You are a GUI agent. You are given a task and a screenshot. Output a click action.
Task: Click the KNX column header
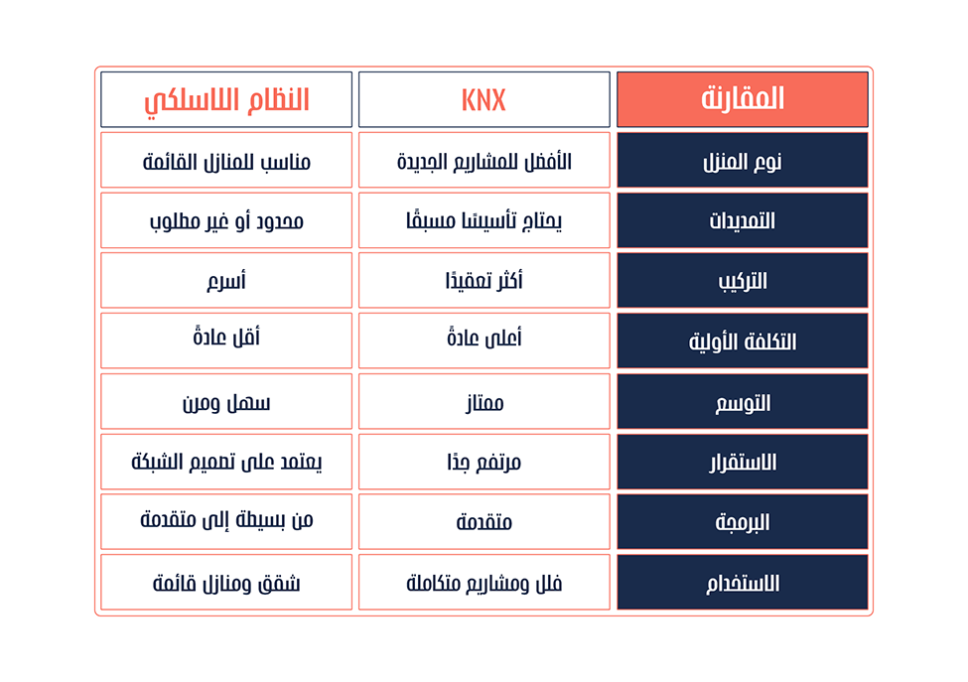pos(484,99)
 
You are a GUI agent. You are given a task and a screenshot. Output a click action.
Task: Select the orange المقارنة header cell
pos(743,99)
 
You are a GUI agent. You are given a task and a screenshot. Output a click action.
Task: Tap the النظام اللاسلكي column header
pos(226,99)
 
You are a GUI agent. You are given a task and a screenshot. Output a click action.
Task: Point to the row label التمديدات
pos(743,220)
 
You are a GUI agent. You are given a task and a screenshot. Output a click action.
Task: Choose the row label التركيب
pos(743,280)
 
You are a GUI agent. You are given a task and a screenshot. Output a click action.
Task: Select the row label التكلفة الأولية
pos(743,341)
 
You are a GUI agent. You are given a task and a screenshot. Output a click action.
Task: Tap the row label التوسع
pos(743,401)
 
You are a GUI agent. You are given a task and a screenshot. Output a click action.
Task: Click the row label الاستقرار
pos(743,462)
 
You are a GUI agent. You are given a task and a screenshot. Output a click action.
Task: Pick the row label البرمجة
pos(743,521)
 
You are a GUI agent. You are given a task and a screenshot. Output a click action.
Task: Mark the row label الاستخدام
pos(743,582)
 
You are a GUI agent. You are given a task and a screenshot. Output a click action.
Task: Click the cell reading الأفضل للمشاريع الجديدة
pos(484,160)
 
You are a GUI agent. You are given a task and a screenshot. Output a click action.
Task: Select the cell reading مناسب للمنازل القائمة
pos(226,160)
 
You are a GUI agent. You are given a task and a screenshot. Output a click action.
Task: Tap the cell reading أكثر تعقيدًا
pos(484,280)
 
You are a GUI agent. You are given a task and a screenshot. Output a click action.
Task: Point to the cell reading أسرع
pos(226,280)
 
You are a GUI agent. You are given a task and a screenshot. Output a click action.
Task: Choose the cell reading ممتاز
pos(484,401)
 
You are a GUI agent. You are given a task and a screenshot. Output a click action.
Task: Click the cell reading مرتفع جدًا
pos(484,462)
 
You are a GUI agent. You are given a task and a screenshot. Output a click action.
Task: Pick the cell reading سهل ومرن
pos(226,401)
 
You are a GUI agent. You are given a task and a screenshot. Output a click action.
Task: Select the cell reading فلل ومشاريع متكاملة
pos(484,582)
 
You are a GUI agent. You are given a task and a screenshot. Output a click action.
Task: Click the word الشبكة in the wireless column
pos(154,461)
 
